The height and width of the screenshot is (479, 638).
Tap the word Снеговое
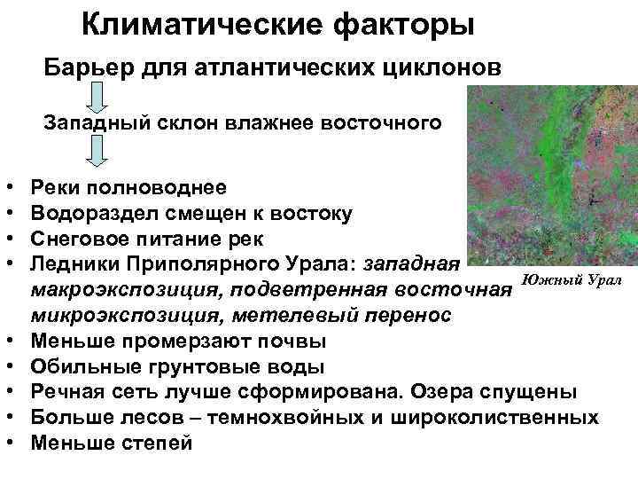[x=78, y=239]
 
